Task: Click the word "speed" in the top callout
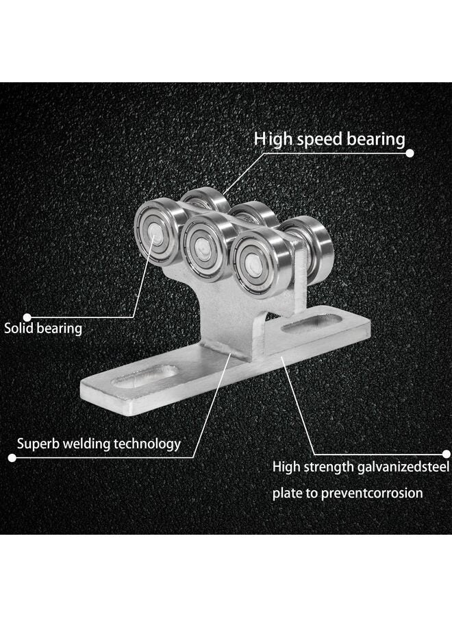[x=319, y=141]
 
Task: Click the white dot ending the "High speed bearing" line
[x=410, y=153]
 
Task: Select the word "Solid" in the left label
[x=19, y=328]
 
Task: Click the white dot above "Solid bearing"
[x=27, y=317]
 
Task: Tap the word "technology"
[x=147, y=444]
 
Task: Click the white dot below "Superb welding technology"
[x=12, y=458]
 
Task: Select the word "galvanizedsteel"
[x=403, y=468]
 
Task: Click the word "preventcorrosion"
[x=372, y=494]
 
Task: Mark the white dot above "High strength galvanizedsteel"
[x=446, y=455]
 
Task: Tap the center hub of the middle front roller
[x=203, y=247]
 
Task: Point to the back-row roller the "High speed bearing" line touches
[x=205, y=199]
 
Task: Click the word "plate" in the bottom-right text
[x=288, y=494]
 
